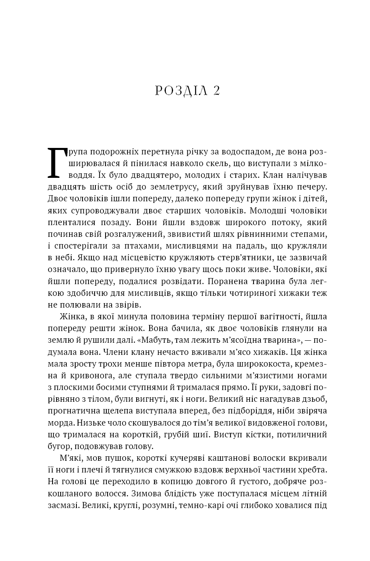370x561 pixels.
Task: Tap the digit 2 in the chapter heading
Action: pos(216,91)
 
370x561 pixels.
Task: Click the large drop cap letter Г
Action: pos(56,162)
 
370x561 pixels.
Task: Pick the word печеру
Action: pos(310,187)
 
